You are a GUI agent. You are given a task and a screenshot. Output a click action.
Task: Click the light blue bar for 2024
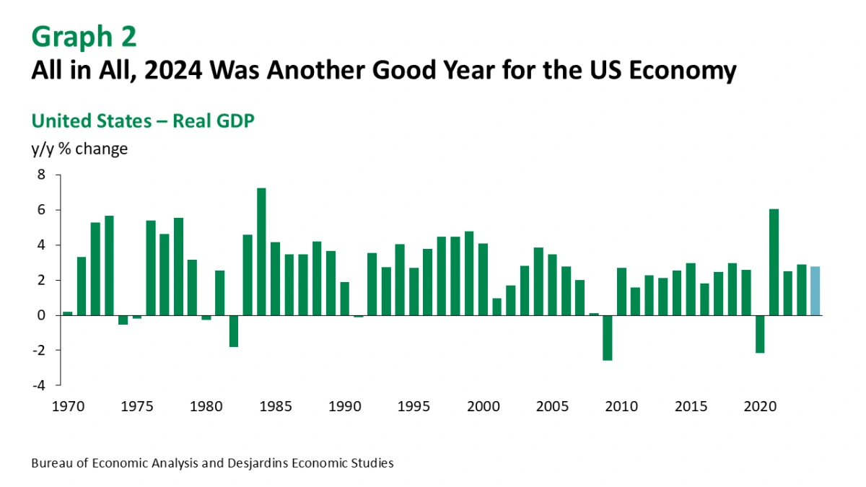[x=815, y=291]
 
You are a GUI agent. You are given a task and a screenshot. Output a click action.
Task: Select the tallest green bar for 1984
[x=261, y=252]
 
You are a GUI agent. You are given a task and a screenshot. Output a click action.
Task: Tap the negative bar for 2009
[x=608, y=338]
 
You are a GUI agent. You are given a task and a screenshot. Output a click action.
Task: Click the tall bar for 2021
[x=774, y=262]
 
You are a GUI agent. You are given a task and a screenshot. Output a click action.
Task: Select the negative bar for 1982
[x=234, y=331]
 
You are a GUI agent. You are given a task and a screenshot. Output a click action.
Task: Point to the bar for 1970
[x=68, y=313]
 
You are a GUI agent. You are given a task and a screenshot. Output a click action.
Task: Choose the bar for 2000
[x=483, y=279]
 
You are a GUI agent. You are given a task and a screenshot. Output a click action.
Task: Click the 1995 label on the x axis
[x=414, y=407]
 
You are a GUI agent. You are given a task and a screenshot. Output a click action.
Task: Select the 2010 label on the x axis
[x=621, y=407]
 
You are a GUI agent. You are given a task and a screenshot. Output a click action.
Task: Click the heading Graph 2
[x=84, y=36]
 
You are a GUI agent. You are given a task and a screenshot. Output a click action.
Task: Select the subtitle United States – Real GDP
[x=143, y=120]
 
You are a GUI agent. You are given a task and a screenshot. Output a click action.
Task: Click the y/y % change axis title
[x=79, y=149]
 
